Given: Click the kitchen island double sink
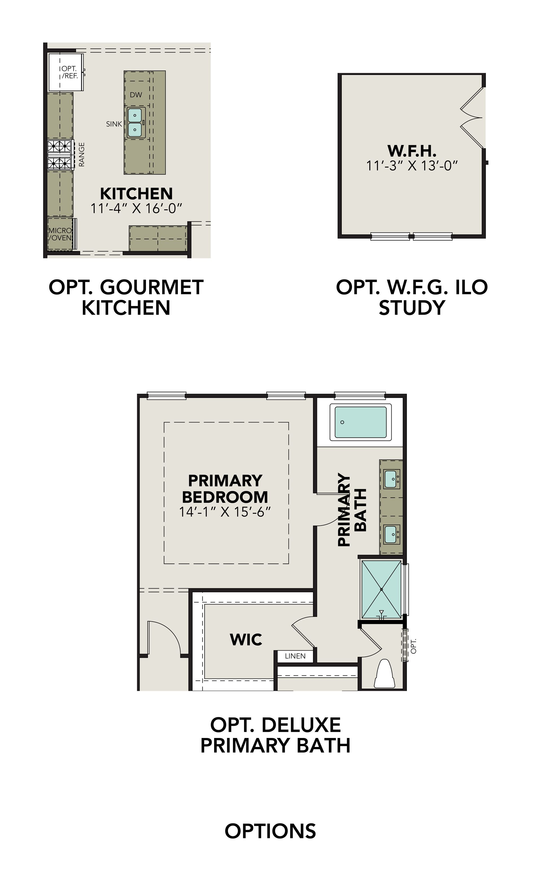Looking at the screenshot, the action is [x=136, y=123].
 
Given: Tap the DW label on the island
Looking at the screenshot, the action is [x=136, y=95].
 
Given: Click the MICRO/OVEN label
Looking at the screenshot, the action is [x=60, y=234].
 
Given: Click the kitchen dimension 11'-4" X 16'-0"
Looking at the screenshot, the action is [x=136, y=208].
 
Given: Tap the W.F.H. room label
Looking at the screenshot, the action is [x=412, y=151].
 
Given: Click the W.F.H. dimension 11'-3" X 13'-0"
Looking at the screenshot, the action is [x=412, y=166].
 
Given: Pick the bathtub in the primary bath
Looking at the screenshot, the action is [x=360, y=422].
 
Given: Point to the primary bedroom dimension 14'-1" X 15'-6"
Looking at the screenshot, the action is [x=225, y=512].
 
